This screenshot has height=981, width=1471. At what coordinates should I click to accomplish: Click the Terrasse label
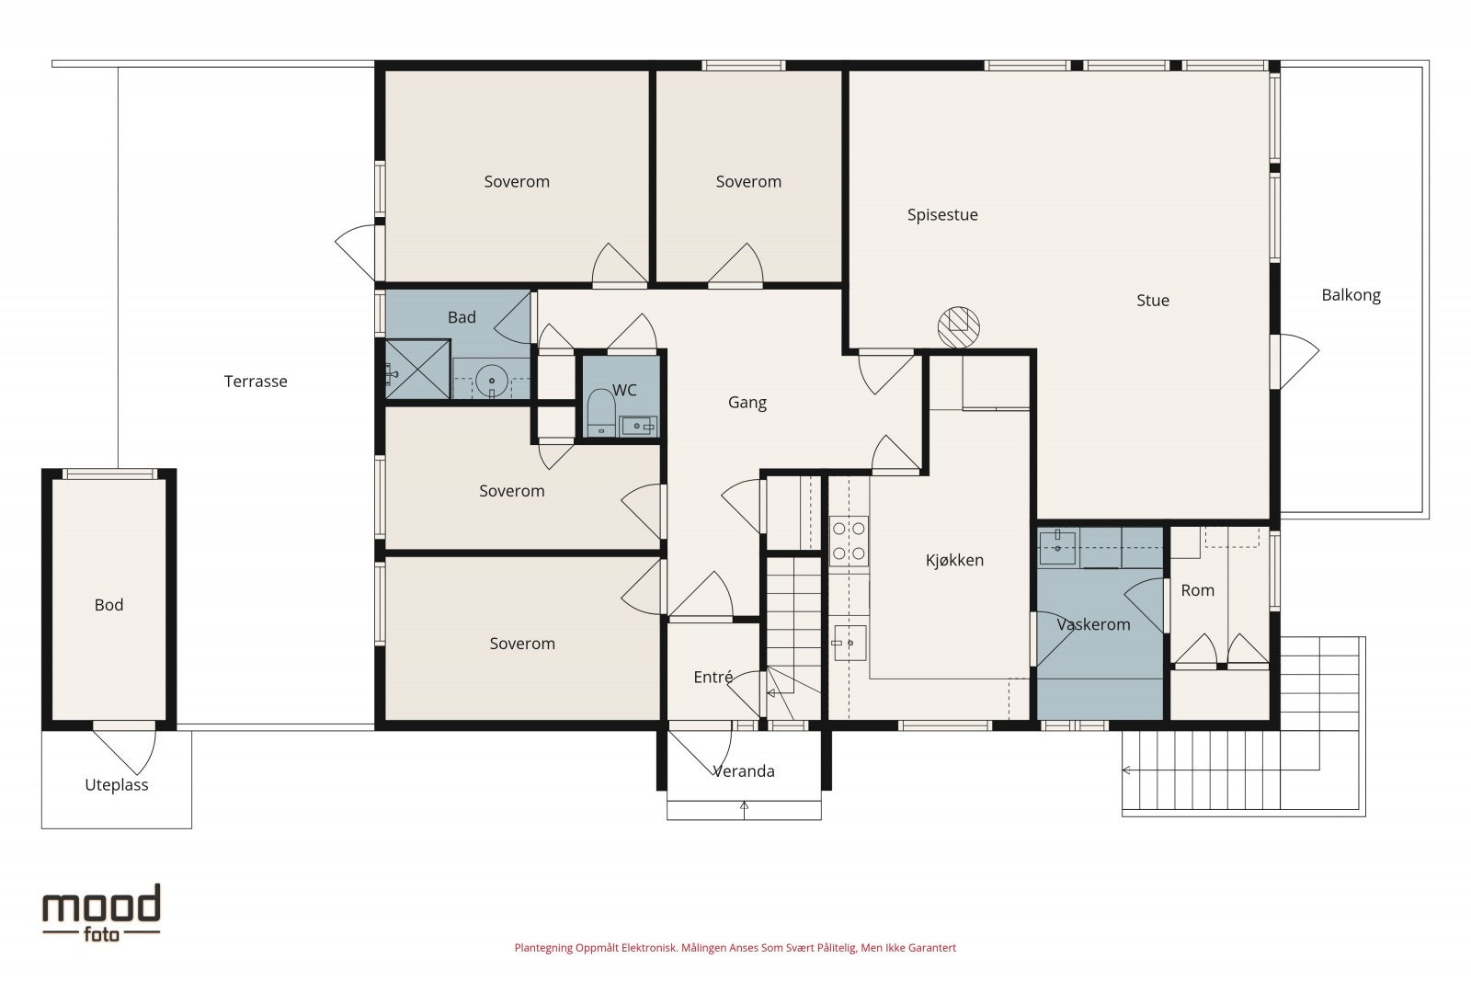(x=256, y=382)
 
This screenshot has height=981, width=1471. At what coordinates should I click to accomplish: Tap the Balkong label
(x=1351, y=295)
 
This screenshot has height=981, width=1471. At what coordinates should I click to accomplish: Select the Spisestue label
(x=942, y=215)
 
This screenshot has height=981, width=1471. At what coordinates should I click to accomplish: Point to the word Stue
(x=1153, y=301)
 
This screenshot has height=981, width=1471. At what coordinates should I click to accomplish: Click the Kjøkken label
(x=954, y=560)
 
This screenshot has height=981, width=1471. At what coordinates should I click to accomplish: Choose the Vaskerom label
(x=1093, y=624)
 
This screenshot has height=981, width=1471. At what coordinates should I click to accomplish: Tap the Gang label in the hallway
(x=747, y=403)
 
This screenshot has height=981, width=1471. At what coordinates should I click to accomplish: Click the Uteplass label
(x=116, y=785)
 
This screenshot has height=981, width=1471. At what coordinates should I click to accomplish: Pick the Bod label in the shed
(x=108, y=605)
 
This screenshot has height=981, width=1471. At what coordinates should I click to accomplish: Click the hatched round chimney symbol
(x=958, y=327)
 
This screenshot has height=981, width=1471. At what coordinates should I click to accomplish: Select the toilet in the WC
(x=600, y=412)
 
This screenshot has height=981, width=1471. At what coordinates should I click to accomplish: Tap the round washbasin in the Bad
(x=490, y=380)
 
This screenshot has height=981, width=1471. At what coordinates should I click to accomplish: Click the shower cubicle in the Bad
(x=417, y=369)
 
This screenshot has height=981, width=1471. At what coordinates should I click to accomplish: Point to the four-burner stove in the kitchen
(x=849, y=541)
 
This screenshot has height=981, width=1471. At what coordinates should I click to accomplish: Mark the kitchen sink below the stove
(x=850, y=643)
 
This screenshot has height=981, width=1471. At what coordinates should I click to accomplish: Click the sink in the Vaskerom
(x=1057, y=548)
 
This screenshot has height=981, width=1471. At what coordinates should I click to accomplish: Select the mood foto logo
(x=101, y=913)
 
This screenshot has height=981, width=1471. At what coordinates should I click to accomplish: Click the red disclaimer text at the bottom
(x=735, y=948)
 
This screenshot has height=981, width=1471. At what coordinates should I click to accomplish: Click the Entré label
(x=713, y=677)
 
